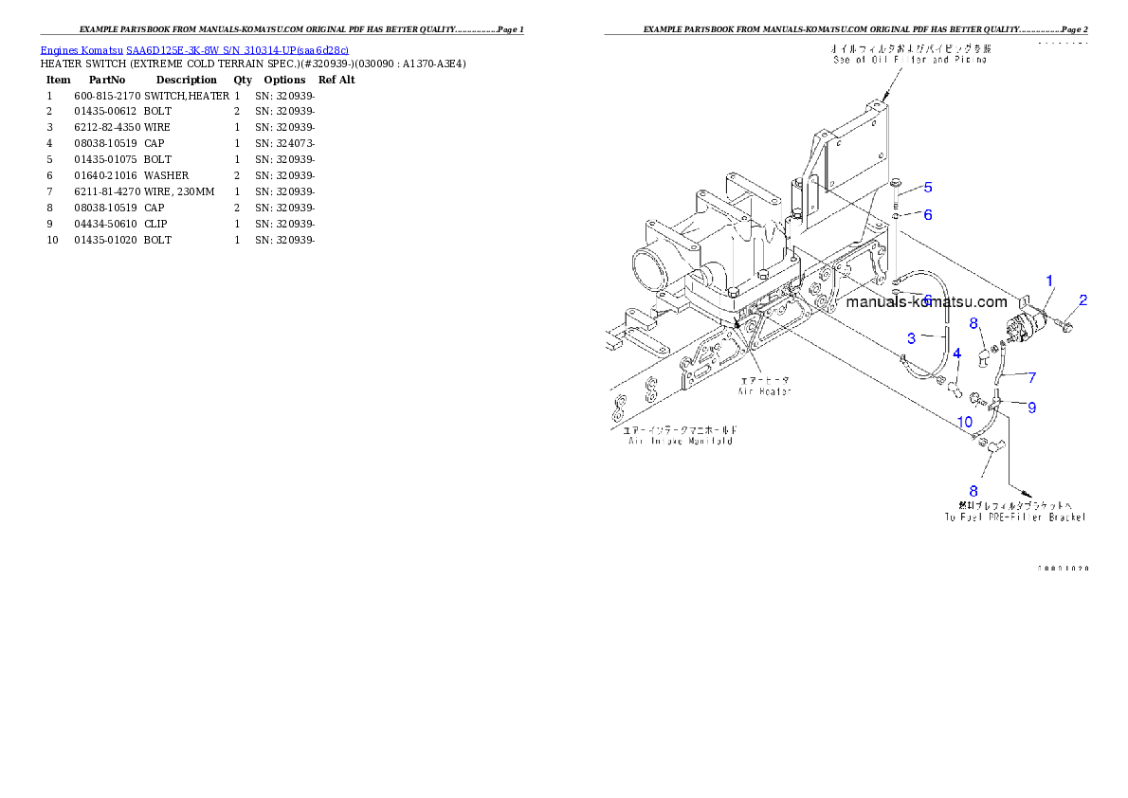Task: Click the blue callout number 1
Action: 1049,281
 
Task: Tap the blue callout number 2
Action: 1083,299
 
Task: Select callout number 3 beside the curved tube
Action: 911,338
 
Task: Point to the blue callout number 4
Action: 957,354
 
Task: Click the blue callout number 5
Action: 928,188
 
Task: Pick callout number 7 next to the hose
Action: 1031,377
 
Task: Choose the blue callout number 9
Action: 1031,408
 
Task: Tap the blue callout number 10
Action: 964,421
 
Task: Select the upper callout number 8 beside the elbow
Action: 973,323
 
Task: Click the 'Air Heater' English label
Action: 765,390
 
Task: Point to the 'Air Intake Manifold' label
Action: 680,441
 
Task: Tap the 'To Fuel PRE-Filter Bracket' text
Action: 1014,517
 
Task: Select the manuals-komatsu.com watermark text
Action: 926,302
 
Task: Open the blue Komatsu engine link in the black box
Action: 194,50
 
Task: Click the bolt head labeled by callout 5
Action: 894,183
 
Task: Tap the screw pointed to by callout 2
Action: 1065,326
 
